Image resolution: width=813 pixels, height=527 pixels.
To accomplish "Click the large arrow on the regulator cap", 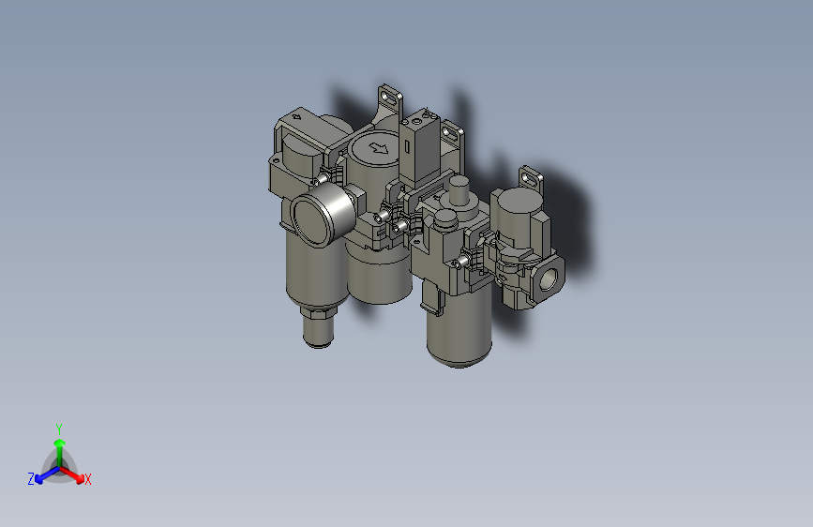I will pyautogui.click(x=379, y=147).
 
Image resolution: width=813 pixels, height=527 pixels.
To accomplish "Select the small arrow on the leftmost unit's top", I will pyautogui.click(x=296, y=117).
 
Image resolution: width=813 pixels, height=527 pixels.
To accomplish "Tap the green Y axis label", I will pyautogui.click(x=58, y=428).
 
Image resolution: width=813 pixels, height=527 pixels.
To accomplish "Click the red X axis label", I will pyautogui.click(x=88, y=479).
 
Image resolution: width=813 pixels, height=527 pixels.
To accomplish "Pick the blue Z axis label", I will pyautogui.click(x=31, y=479).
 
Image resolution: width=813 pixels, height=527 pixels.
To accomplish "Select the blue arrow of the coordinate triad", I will pyautogui.click(x=42, y=474).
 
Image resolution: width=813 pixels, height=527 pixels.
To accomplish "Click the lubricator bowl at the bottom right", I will pyautogui.click(x=459, y=333).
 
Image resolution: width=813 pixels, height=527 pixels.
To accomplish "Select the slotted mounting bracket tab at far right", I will pyautogui.click(x=532, y=175).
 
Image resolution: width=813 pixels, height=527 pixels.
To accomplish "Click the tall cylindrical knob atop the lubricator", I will pyautogui.click(x=459, y=191).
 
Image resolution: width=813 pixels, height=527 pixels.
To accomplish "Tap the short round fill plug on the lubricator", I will pyautogui.click(x=443, y=221).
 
